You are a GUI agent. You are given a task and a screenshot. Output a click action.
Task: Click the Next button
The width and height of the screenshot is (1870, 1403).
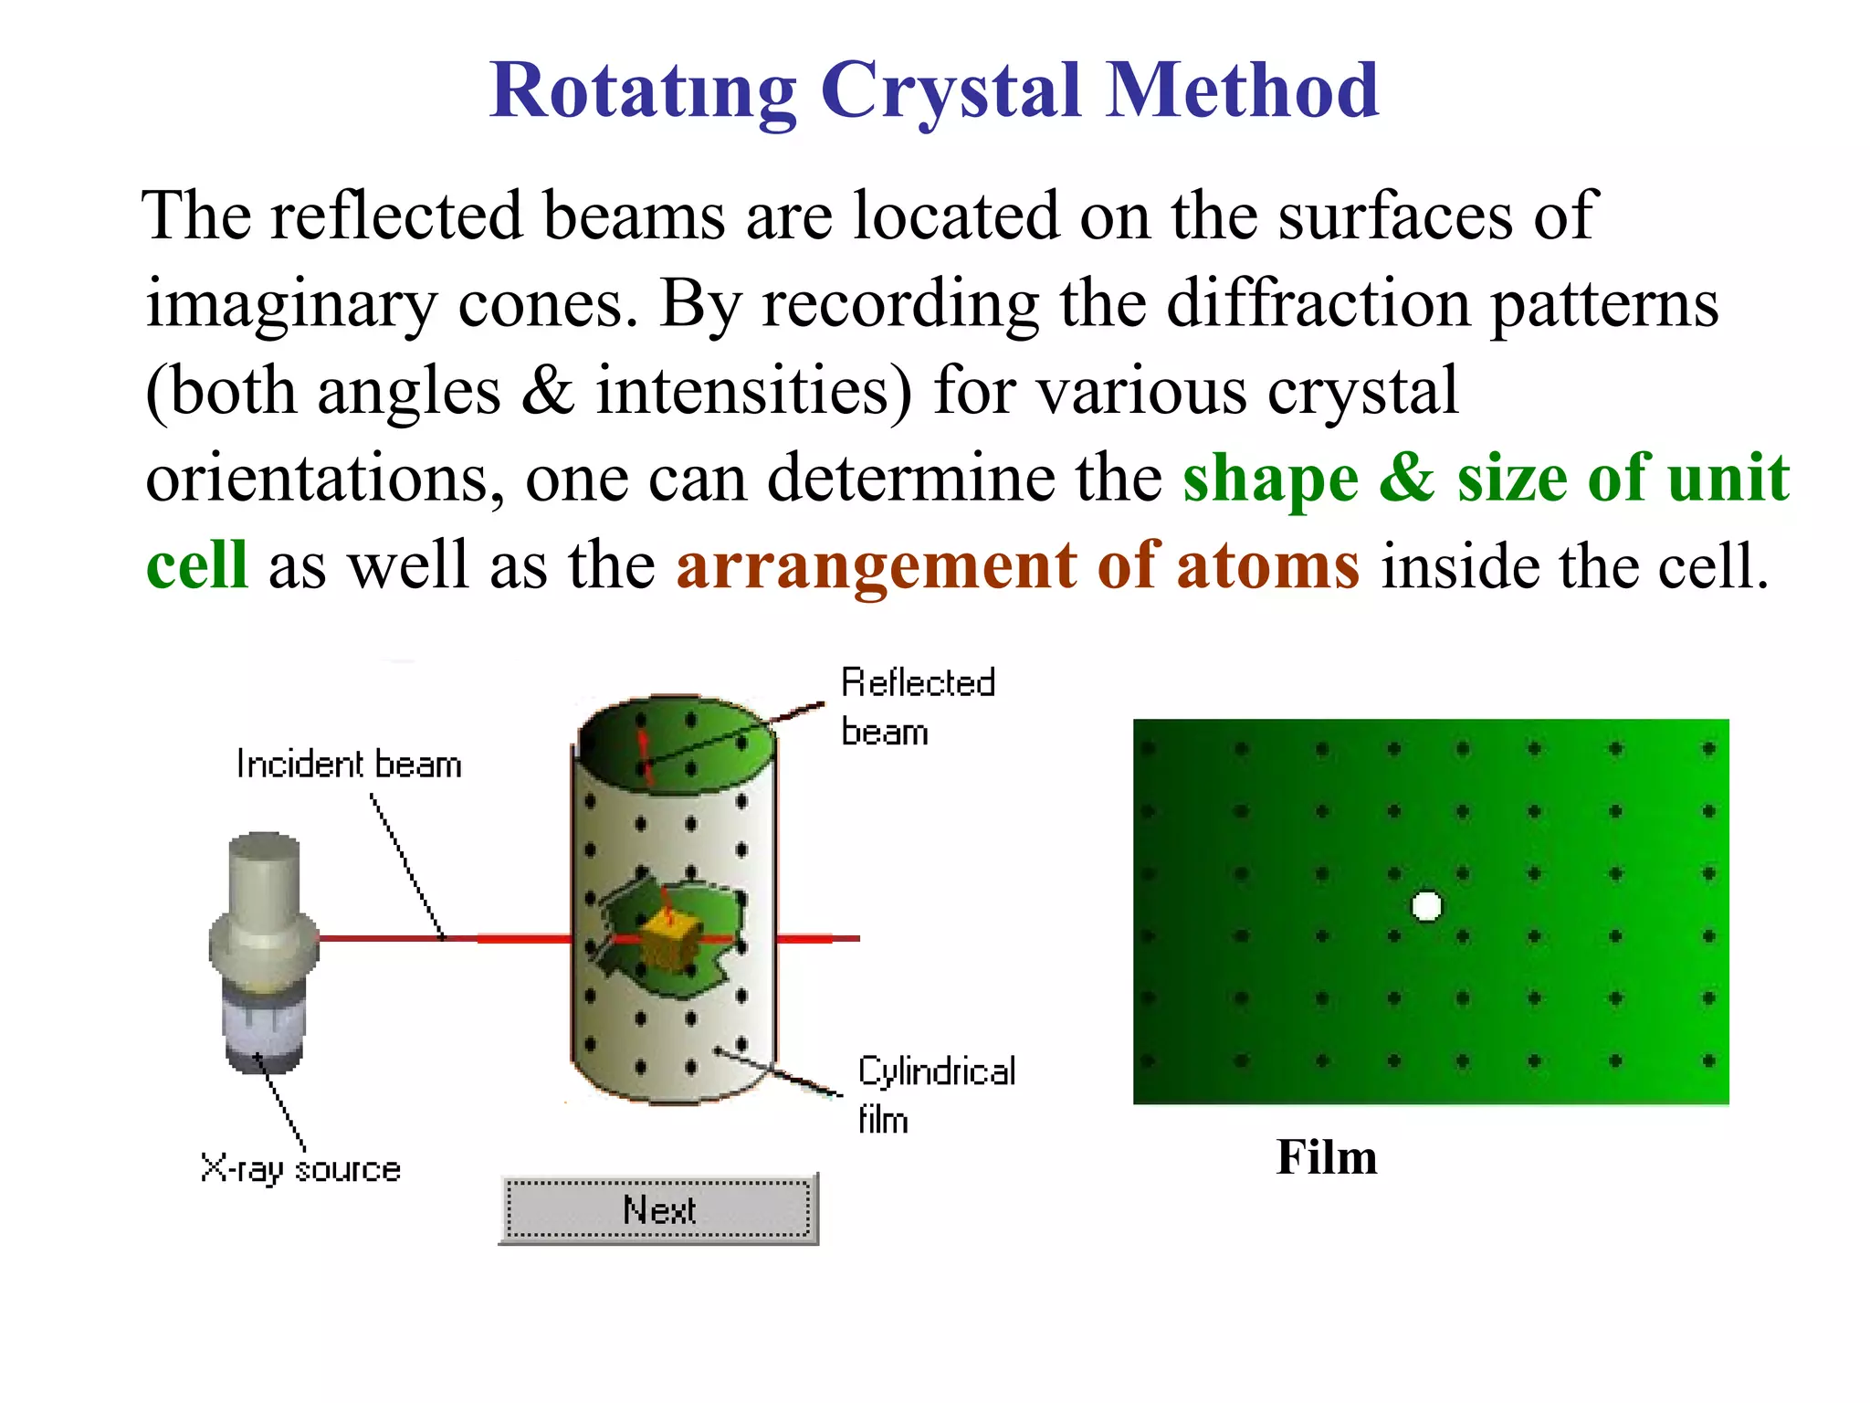[x=658, y=1209]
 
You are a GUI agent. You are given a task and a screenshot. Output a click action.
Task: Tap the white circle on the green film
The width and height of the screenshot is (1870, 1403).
[x=1426, y=906]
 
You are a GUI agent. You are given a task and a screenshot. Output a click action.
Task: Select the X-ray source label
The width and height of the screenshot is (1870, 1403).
[x=300, y=1169]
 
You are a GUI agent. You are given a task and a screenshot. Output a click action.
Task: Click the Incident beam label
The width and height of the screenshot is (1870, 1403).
[x=349, y=765]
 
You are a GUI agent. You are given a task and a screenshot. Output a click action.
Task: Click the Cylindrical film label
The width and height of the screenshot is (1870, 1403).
[x=935, y=1094]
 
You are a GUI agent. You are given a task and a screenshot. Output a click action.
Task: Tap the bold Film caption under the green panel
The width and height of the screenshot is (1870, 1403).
[x=1326, y=1157]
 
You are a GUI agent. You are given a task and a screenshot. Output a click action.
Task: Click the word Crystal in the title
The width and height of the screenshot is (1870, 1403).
[x=951, y=91]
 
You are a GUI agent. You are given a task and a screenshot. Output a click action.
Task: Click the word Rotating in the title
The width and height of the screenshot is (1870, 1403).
[x=643, y=91]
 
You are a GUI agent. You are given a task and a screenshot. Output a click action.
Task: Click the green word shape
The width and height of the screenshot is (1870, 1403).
[x=1270, y=479]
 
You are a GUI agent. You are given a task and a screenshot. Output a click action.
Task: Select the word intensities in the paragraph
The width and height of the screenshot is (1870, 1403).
[x=754, y=391]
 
